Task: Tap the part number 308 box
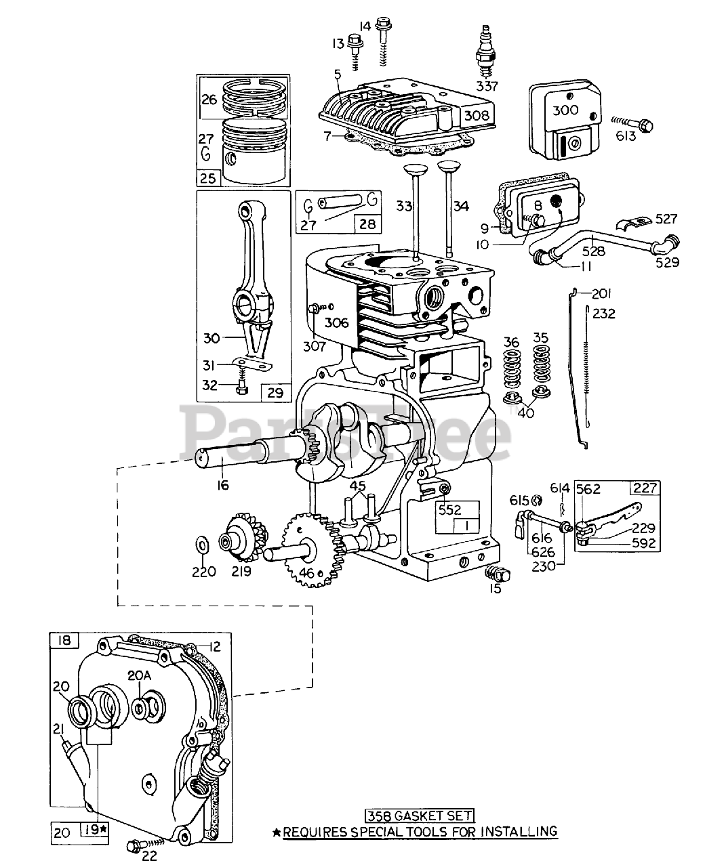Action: [x=476, y=115]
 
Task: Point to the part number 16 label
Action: [x=223, y=484]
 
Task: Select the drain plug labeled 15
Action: [x=499, y=574]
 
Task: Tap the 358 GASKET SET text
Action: [x=419, y=816]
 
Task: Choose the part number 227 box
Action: [x=645, y=488]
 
